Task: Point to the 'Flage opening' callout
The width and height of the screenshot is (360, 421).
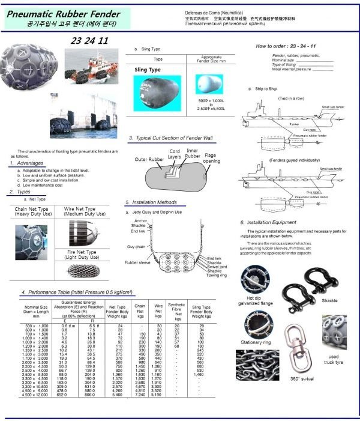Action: tap(211, 159)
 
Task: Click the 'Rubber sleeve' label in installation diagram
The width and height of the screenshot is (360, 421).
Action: tap(139, 263)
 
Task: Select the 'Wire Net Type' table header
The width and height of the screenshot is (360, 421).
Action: tap(83, 211)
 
